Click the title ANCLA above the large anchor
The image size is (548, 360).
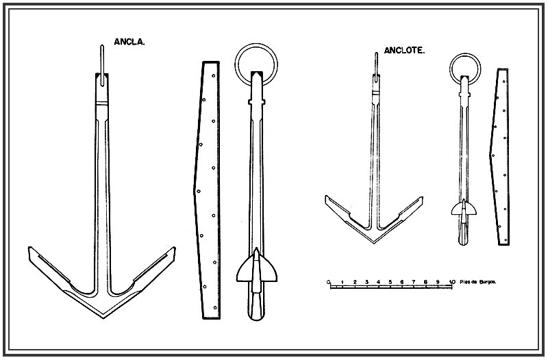(129, 41)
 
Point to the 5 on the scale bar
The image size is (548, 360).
(390, 281)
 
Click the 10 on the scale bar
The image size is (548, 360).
(452, 281)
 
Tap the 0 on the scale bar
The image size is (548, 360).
(329, 281)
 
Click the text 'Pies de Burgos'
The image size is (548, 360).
(477, 281)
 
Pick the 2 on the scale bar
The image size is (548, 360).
(354, 281)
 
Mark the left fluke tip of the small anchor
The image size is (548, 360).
(327, 198)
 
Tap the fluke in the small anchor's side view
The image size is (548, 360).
(464, 209)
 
